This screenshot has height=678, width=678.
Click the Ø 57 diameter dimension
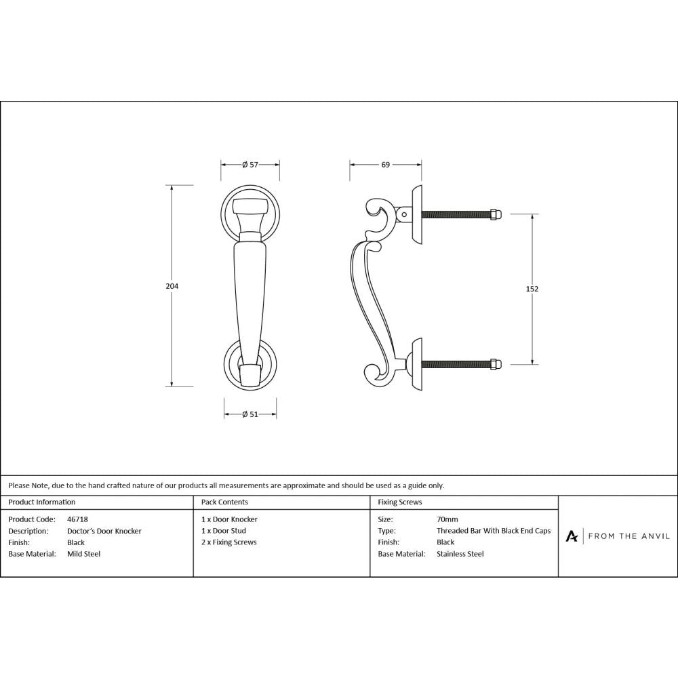click(250, 165)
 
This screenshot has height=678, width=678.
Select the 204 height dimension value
click(172, 286)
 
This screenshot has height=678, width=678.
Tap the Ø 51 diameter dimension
click(250, 415)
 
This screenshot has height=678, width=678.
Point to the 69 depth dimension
click(385, 165)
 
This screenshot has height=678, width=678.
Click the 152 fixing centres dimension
click(532, 289)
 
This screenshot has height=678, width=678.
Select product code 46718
click(78, 519)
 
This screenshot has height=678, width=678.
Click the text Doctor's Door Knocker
click(104, 531)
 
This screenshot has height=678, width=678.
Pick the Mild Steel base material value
click(84, 554)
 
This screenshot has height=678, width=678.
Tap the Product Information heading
click(42, 502)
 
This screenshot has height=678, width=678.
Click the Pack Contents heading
click(224, 502)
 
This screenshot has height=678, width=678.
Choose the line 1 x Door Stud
click(224, 531)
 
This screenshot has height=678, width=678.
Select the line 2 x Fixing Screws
click(229, 542)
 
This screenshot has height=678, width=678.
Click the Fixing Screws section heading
click(400, 502)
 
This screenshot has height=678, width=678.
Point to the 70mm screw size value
click(447, 519)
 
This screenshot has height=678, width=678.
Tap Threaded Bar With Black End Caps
click(494, 531)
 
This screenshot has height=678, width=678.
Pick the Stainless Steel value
click(460, 554)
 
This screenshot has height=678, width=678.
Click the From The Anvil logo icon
click(572, 536)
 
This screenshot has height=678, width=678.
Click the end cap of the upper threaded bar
click(496, 214)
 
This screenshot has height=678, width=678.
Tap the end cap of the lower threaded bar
click(496, 364)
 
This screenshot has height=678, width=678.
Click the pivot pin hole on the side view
click(405, 215)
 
